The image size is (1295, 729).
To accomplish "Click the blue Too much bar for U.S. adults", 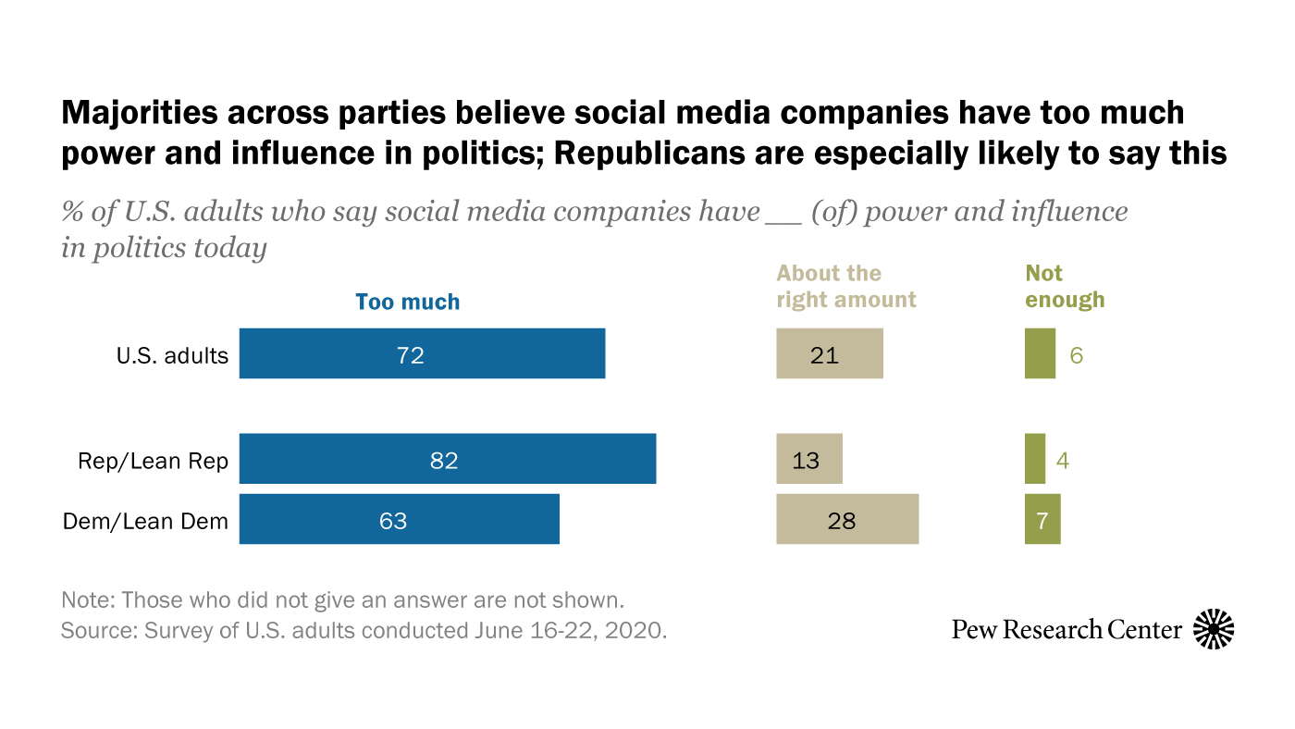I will coord(422,353).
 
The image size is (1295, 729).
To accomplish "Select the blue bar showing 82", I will coord(448,459).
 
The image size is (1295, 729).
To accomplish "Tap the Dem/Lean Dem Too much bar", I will coord(400,519).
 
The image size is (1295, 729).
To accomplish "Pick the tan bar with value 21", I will coord(830,353).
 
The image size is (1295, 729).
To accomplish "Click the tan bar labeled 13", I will coord(809,459).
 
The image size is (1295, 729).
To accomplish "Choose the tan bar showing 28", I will coord(847,519).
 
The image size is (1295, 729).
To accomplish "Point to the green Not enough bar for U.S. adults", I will coord(1040,353).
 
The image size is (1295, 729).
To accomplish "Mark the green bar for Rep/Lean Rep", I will coord(1035,459).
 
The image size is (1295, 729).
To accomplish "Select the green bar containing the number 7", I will coord(1042,519).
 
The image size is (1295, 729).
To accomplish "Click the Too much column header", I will coord(408,303).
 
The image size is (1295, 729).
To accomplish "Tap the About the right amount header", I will coord(846,287).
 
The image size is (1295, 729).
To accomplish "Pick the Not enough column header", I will coord(1065,287).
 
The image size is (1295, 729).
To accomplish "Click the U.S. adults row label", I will coord(172,355).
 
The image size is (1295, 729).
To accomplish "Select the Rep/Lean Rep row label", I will coord(154,461).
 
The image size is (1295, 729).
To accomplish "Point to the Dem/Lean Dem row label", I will coord(145,521).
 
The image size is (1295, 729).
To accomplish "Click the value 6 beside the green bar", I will coord(1076,355).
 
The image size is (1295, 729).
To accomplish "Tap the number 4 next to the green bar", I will coord(1063,460).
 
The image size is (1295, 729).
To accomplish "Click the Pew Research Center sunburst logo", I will coord(1214,630).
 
